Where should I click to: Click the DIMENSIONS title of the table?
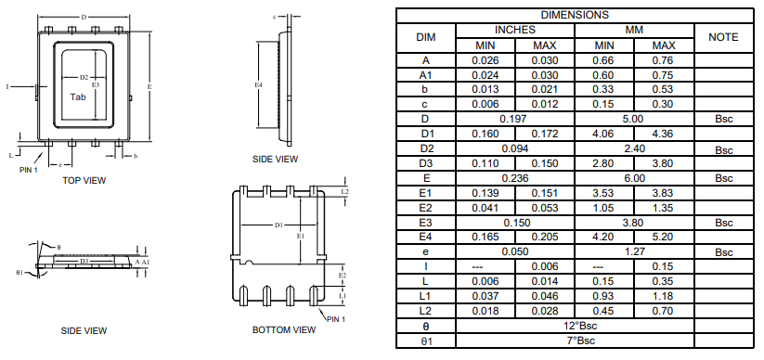point(575,15)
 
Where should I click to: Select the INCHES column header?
point(514,30)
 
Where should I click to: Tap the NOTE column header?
point(723,37)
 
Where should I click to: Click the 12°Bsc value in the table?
point(575,327)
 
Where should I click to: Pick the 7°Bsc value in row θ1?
point(575,341)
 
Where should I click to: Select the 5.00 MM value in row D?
point(634,119)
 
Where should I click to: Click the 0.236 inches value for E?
point(514,178)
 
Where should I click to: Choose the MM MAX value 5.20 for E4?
point(664,238)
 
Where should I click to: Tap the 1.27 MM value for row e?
point(634,252)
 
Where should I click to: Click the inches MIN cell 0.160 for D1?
point(486,134)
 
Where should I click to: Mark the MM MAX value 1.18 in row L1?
point(664,297)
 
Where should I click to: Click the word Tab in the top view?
point(80,96)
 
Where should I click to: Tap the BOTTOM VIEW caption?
point(284,329)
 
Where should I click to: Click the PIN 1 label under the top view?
point(29,169)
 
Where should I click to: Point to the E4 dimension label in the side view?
point(259,85)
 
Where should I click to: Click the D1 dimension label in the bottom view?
point(278,225)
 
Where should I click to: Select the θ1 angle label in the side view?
point(20,273)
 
